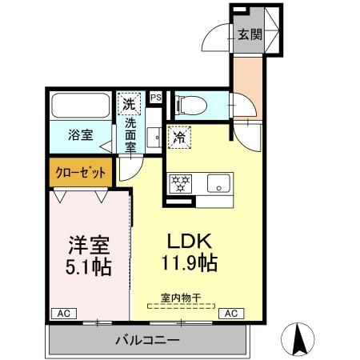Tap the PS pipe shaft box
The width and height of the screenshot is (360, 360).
coord(156,98)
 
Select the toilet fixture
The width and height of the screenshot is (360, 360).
coord(188,103)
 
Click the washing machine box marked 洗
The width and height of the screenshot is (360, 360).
coord(129,103)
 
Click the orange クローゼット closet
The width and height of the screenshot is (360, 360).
coord(79,171)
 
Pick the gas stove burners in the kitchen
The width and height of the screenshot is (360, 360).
coord(179,183)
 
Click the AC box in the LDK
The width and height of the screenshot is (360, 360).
coord(229,313)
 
